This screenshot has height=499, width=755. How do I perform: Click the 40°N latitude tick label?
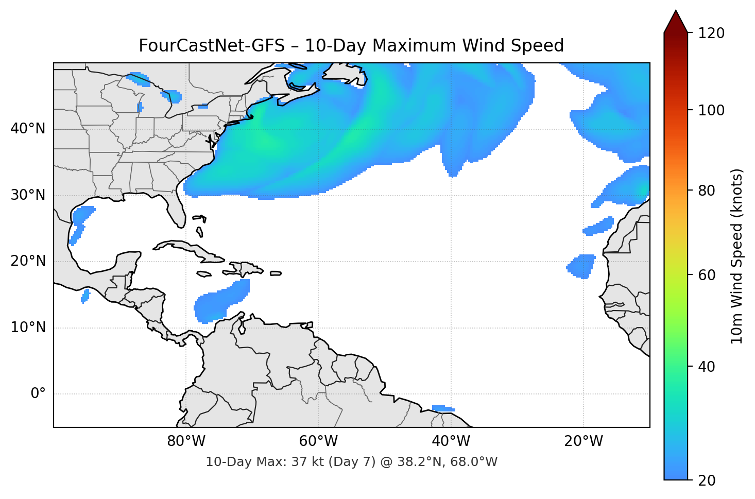coord(28,129)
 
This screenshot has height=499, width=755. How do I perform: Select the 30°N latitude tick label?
coord(28,195)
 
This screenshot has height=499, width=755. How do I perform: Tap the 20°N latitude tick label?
coord(28,261)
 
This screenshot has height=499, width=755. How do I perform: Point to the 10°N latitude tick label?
coord(28,328)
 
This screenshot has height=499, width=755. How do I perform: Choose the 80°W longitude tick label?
coord(186,441)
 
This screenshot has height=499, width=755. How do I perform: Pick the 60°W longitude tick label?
coord(318,441)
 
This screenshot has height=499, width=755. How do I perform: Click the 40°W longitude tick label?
coord(451,441)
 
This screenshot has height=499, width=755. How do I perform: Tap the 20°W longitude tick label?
coord(583,441)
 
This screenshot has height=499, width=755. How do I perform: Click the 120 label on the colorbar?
coord(711,33)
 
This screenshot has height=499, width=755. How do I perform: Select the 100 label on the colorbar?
coord(711,110)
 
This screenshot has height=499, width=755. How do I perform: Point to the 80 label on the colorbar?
coord(707,191)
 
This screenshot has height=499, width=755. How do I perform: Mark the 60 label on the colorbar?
coord(707,275)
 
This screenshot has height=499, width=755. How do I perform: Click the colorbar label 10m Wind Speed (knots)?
coord(737,256)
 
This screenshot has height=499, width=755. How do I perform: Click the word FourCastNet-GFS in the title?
coord(211,46)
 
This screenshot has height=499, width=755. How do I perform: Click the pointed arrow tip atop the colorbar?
coord(676,13)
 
